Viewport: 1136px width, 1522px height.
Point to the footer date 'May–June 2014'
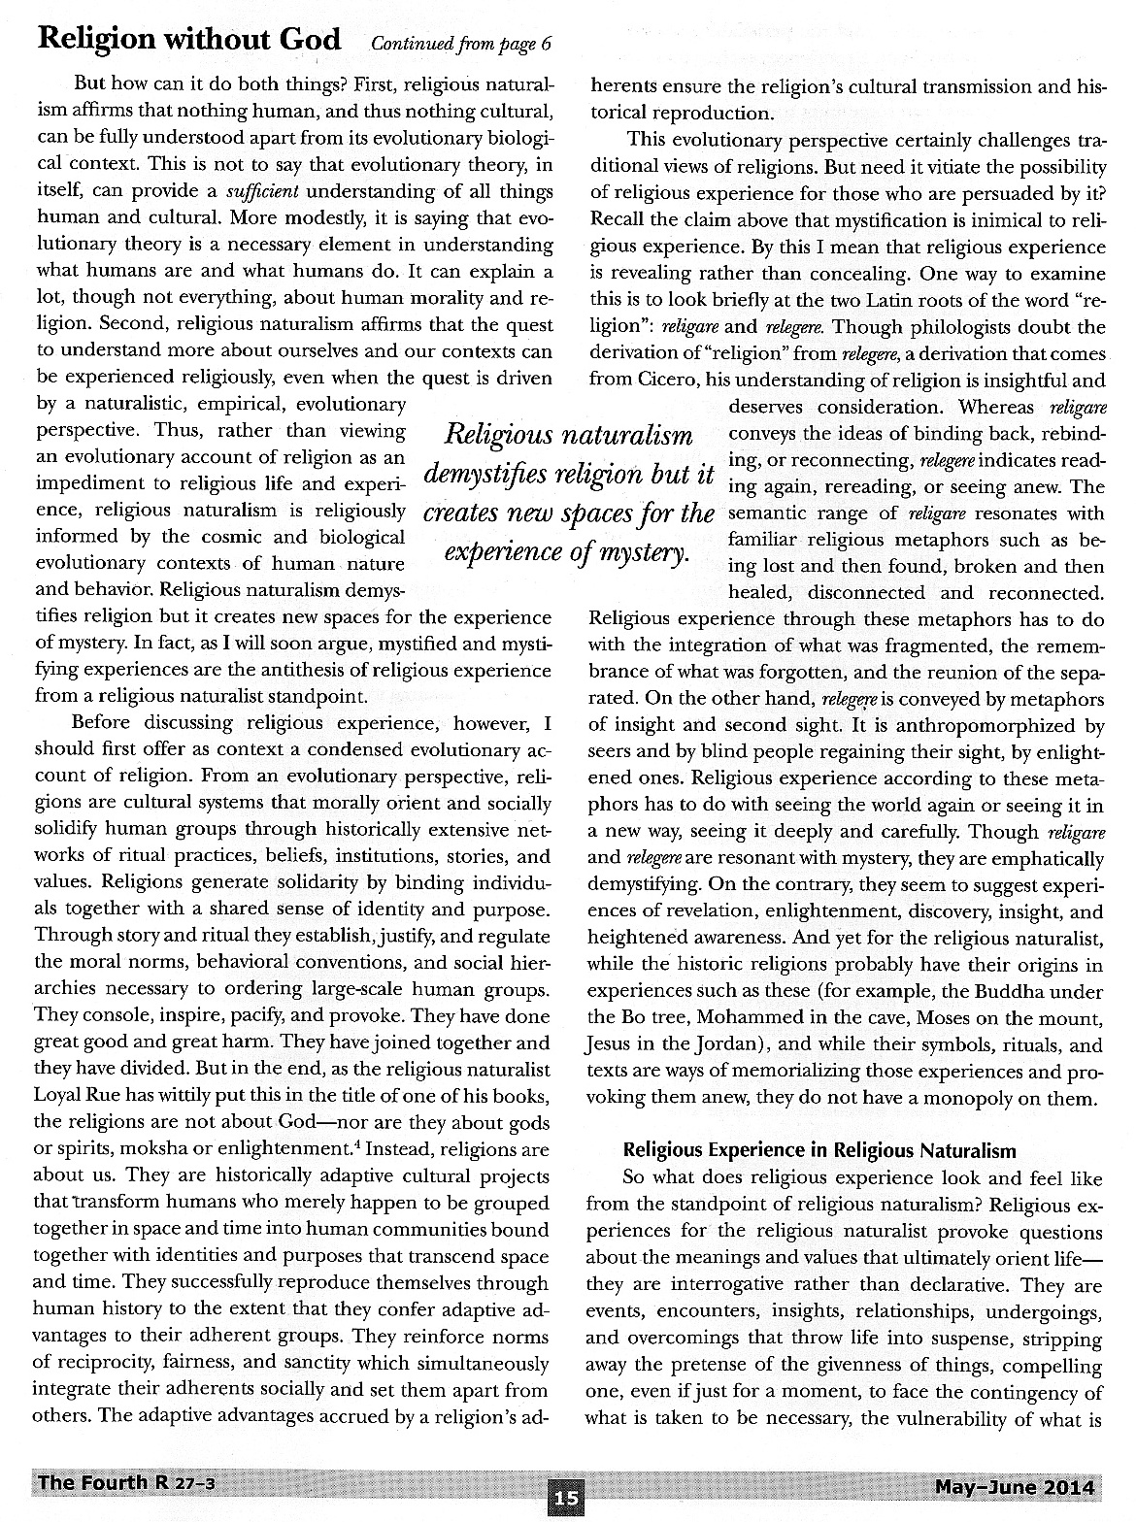pos(1015,1487)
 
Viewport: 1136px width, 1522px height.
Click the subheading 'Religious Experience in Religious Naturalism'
pos(819,1150)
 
